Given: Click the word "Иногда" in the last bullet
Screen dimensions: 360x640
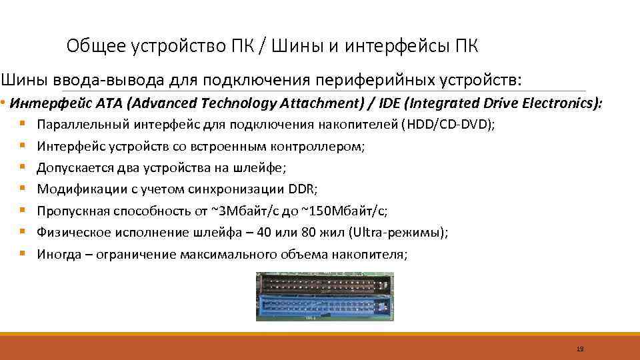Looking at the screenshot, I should click(x=59, y=254).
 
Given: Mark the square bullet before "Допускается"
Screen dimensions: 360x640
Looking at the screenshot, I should click(x=23, y=168).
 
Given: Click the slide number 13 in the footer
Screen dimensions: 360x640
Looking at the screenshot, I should click(x=579, y=349).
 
